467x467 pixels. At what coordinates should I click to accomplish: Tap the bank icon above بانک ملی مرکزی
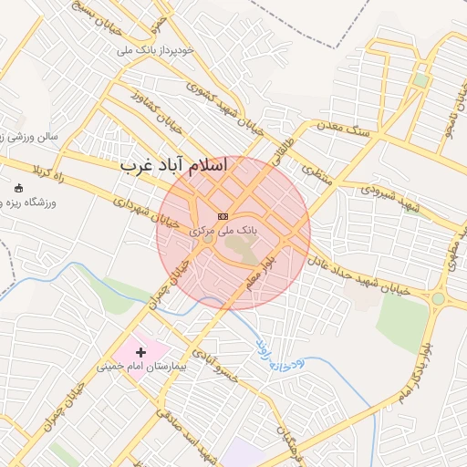click(x=223, y=216)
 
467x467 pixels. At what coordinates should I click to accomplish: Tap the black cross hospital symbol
click(x=140, y=351)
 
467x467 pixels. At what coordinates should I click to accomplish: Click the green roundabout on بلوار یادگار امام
click(x=438, y=298)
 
